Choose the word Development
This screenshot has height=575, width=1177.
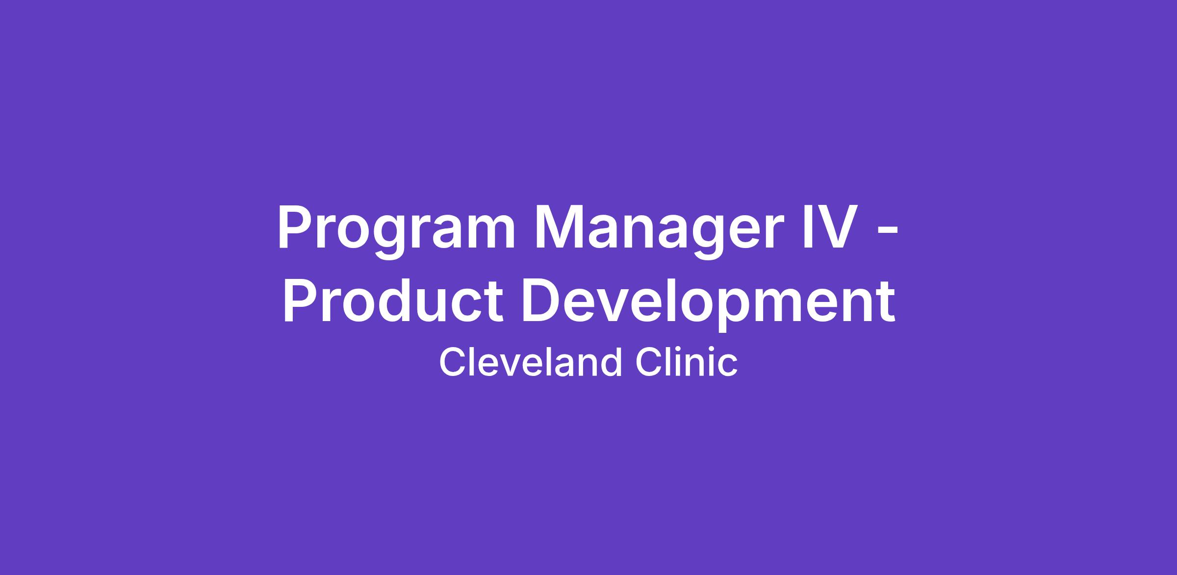pos(708,303)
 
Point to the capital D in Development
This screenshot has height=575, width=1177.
pos(541,300)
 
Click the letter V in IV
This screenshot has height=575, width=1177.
pos(838,226)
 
